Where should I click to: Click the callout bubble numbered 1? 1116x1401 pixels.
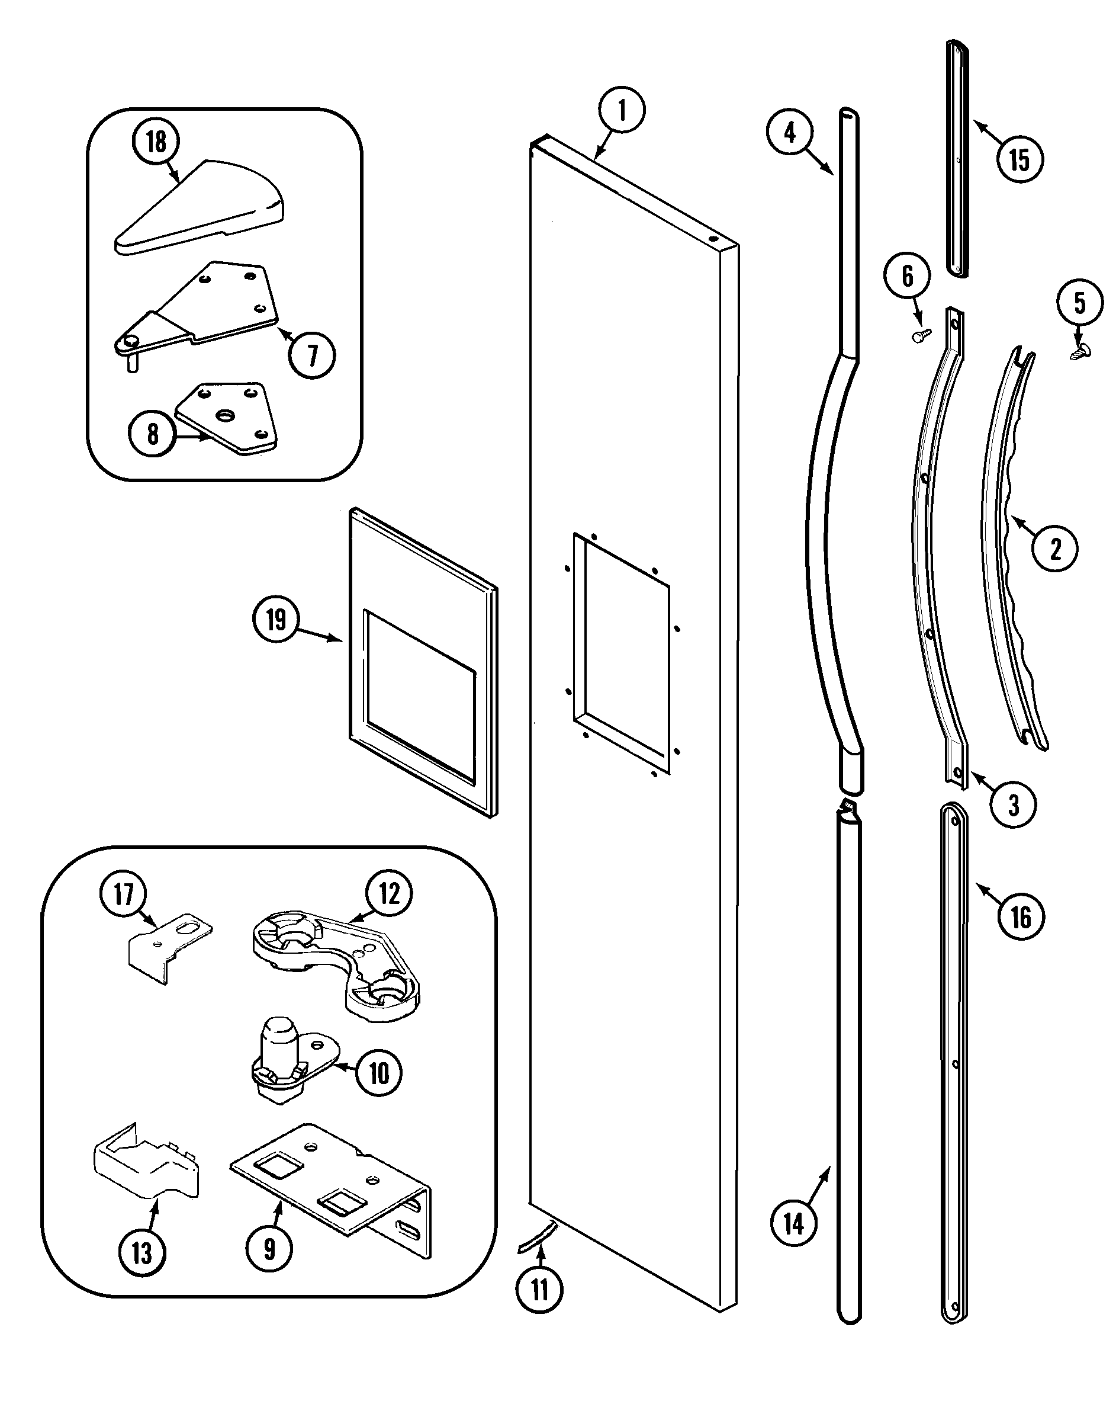pyautogui.click(x=622, y=110)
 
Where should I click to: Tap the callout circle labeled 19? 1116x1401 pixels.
pyautogui.click(x=276, y=619)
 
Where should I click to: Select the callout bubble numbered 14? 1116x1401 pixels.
pyautogui.click(x=794, y=1224)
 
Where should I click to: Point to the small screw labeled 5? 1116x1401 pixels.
pyautogui.click(x=1080, y=351)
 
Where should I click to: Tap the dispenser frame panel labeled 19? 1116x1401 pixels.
pyautogui.click(x=423, y=663)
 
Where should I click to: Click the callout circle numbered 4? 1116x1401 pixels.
pyautogui.click(x=789, y=133)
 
